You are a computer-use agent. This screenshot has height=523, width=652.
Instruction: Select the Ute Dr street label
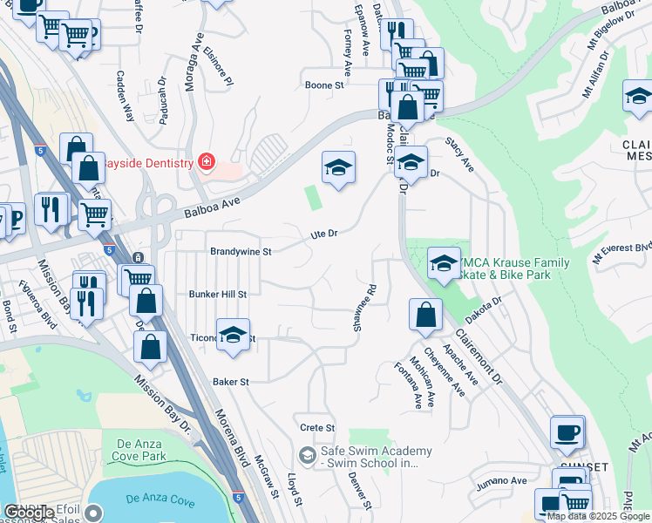(324, 234)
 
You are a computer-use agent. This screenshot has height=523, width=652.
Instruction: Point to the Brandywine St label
(241, 251)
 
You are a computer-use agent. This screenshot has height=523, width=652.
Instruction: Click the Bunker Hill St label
(218, 295)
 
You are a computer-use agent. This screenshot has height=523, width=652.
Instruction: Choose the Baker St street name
(231, 382)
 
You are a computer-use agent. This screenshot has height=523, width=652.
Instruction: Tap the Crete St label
(317, 428)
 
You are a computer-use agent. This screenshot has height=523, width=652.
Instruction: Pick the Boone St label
(324, 85)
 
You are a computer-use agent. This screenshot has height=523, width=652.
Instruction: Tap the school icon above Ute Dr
(338, 167)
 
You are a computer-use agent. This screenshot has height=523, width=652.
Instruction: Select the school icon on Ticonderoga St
(233, 336)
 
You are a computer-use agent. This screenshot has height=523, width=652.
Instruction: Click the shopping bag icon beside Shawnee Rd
(424, 316)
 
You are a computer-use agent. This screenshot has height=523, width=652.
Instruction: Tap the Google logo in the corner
(30, 513)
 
